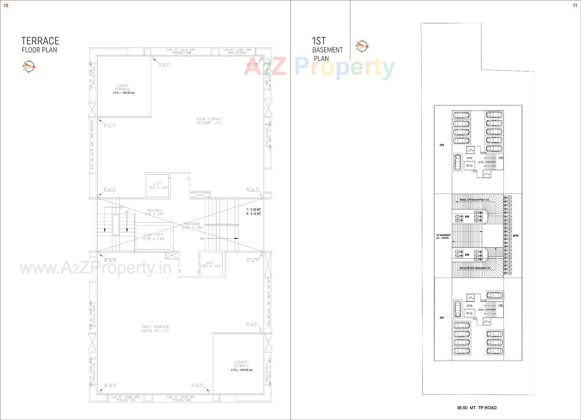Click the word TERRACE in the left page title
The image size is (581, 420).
40,41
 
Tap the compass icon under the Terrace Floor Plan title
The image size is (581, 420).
29,66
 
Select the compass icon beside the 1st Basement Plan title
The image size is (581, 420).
362,46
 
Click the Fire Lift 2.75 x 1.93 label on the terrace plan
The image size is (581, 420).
154,237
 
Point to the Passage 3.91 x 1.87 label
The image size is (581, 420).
154,212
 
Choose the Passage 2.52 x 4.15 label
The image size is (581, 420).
192,226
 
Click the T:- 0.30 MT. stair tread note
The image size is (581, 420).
254,210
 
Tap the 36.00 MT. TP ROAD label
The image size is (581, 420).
477,408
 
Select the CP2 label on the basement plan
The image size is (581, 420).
442,145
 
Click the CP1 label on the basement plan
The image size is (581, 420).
442,318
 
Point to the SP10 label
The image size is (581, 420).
516,236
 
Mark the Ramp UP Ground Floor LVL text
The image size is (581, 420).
474,200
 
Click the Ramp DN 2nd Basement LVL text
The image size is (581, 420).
475,268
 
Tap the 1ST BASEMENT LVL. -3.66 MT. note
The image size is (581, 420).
443,236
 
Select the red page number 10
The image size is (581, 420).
6,5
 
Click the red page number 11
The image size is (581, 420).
575,5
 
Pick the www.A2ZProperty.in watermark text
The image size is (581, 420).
96,268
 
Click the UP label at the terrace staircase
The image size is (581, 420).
127,212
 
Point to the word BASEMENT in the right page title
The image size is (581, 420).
327,50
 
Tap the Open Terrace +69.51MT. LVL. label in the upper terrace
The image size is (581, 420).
209,121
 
